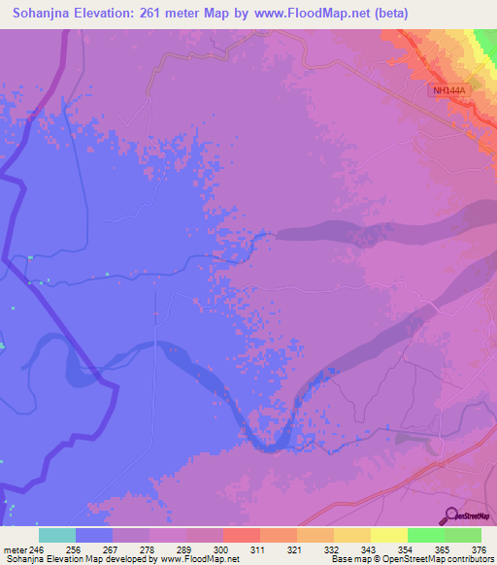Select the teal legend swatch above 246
57,535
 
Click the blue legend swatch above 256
94,535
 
